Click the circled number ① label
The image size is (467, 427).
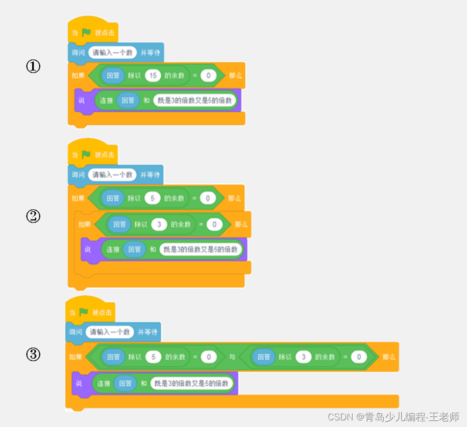pyautogui.click(x=33, y=66)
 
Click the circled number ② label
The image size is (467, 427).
pyautogui.click(x=33, y=216)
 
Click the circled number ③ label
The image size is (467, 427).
pyautogui.click(x=33, y=354)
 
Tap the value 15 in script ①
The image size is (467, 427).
pyautogui.click(x=153, y=76)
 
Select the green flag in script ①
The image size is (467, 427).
pyautogui.click(x=86, y=32)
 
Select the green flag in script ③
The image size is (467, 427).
pyautogui.click(x=84, y=312)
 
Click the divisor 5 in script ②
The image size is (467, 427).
pyautogui.click(x=152, y=198)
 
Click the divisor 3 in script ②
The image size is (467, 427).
pyautogui.click(x=159, y=224)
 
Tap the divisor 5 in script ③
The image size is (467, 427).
pyautogui.click(x=153, y=357)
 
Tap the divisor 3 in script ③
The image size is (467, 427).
pyautogui.click(x=303, y=357)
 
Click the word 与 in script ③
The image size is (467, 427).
pyautogui.click(x=232, y=357)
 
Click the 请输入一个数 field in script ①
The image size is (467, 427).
pyautogui.click(x=112, y=53)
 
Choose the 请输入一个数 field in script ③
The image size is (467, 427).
pyautogui.click(x=110, y=332)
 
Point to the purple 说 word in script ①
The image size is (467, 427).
pyautogui.click(x=81, y=101)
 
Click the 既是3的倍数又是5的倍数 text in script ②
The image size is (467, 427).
pyautogui.click(x=201, y=249)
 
